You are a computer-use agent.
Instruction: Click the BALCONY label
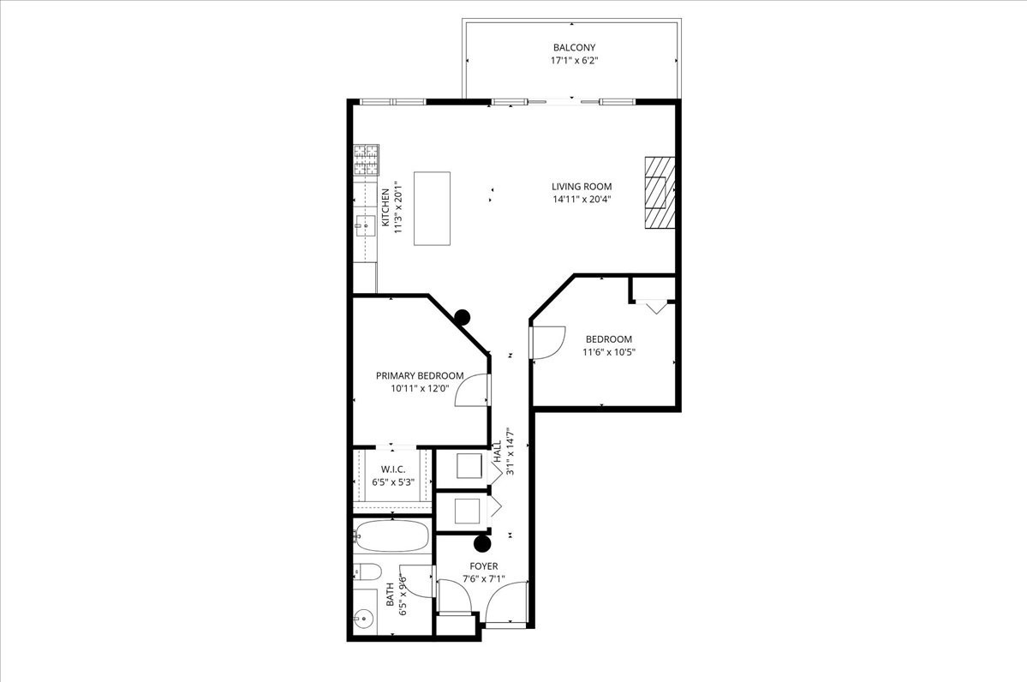click(x=573, y=47)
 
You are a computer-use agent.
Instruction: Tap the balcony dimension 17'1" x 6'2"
click(x=573, y=62)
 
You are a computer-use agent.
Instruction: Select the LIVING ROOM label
click(x=582, y=186)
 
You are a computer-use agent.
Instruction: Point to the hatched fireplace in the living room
click(x=659, y=193)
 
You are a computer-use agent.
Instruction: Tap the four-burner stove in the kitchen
click(x=367, y=160)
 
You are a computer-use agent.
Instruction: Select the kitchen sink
click(x=363, y=227)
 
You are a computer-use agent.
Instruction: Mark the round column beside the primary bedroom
click(x=463, y=317)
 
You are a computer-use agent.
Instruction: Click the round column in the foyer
click(x=483, y=542)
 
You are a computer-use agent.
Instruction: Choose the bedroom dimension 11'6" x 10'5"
click(x=609, y=352)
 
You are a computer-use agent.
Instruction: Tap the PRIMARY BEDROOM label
click(x=420, y=375)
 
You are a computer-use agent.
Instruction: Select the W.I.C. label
click(x=393, y=469)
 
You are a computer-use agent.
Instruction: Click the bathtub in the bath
click(x=391, y=536)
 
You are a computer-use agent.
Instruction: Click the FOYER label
click(x=483, y=566)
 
